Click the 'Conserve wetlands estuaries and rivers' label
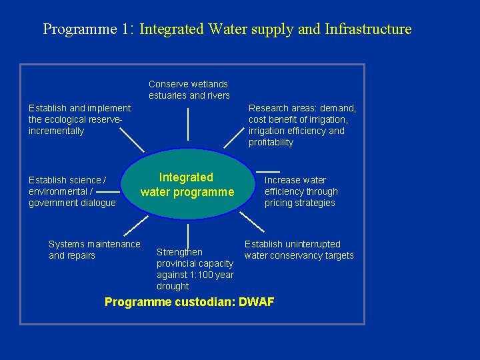pyautogui.click(x=189, y=90)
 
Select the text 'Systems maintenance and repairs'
pyautogui.click(x=95, y=250)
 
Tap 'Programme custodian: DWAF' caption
pyautogui.click(x=189, y=302)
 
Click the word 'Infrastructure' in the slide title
pyautogui.click(x=368, y=29)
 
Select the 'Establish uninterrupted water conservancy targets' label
pyautogui.click(x=299, y=250)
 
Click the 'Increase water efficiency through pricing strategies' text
pyautogui.click(x=301, y=191)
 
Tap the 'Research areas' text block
pyautogui.click(x=302, y=125)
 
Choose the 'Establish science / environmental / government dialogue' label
pyautogui.click(x=72, y=191)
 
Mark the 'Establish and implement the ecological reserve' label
pyautogui.click(x=79, y=119)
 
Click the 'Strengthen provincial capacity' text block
pyautogui.click(x=195, y=269)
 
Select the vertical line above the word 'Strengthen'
pyautogui.click(x=188, y=236)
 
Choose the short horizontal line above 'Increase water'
pyautogui.click(x=267, y=171)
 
